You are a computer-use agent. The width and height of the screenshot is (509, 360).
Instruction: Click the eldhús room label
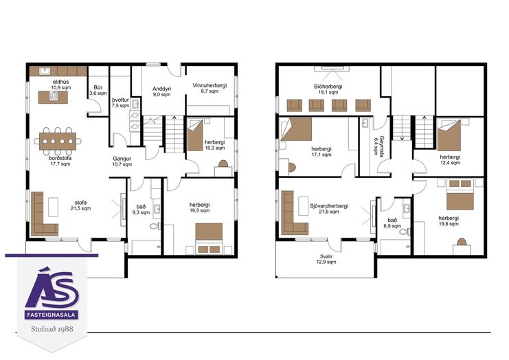61,82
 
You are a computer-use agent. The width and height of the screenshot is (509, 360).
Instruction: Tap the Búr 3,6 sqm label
98,90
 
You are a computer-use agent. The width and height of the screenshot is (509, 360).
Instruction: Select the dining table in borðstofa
58,142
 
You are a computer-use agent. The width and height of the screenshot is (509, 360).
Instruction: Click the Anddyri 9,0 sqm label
161,91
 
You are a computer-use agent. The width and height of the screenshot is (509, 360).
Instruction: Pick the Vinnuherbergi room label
210,85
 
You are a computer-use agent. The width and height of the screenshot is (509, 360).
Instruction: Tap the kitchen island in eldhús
53,97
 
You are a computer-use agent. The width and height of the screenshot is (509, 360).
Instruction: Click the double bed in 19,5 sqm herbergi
209,238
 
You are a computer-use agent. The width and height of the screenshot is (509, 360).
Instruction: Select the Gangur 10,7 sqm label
122,161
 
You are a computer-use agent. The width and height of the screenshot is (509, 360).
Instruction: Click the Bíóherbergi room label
328,87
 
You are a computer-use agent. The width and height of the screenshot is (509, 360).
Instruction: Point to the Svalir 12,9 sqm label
327,259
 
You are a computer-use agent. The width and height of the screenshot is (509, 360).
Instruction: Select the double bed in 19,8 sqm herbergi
460,194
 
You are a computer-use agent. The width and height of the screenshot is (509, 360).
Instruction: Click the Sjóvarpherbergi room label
329,206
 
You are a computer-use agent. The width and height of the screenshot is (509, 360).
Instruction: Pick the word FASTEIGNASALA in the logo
52,315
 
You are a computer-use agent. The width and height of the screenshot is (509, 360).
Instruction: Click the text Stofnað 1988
52,329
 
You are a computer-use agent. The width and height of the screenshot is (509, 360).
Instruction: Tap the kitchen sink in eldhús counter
45,71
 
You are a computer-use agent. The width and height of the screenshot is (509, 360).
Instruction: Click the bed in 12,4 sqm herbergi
449,135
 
